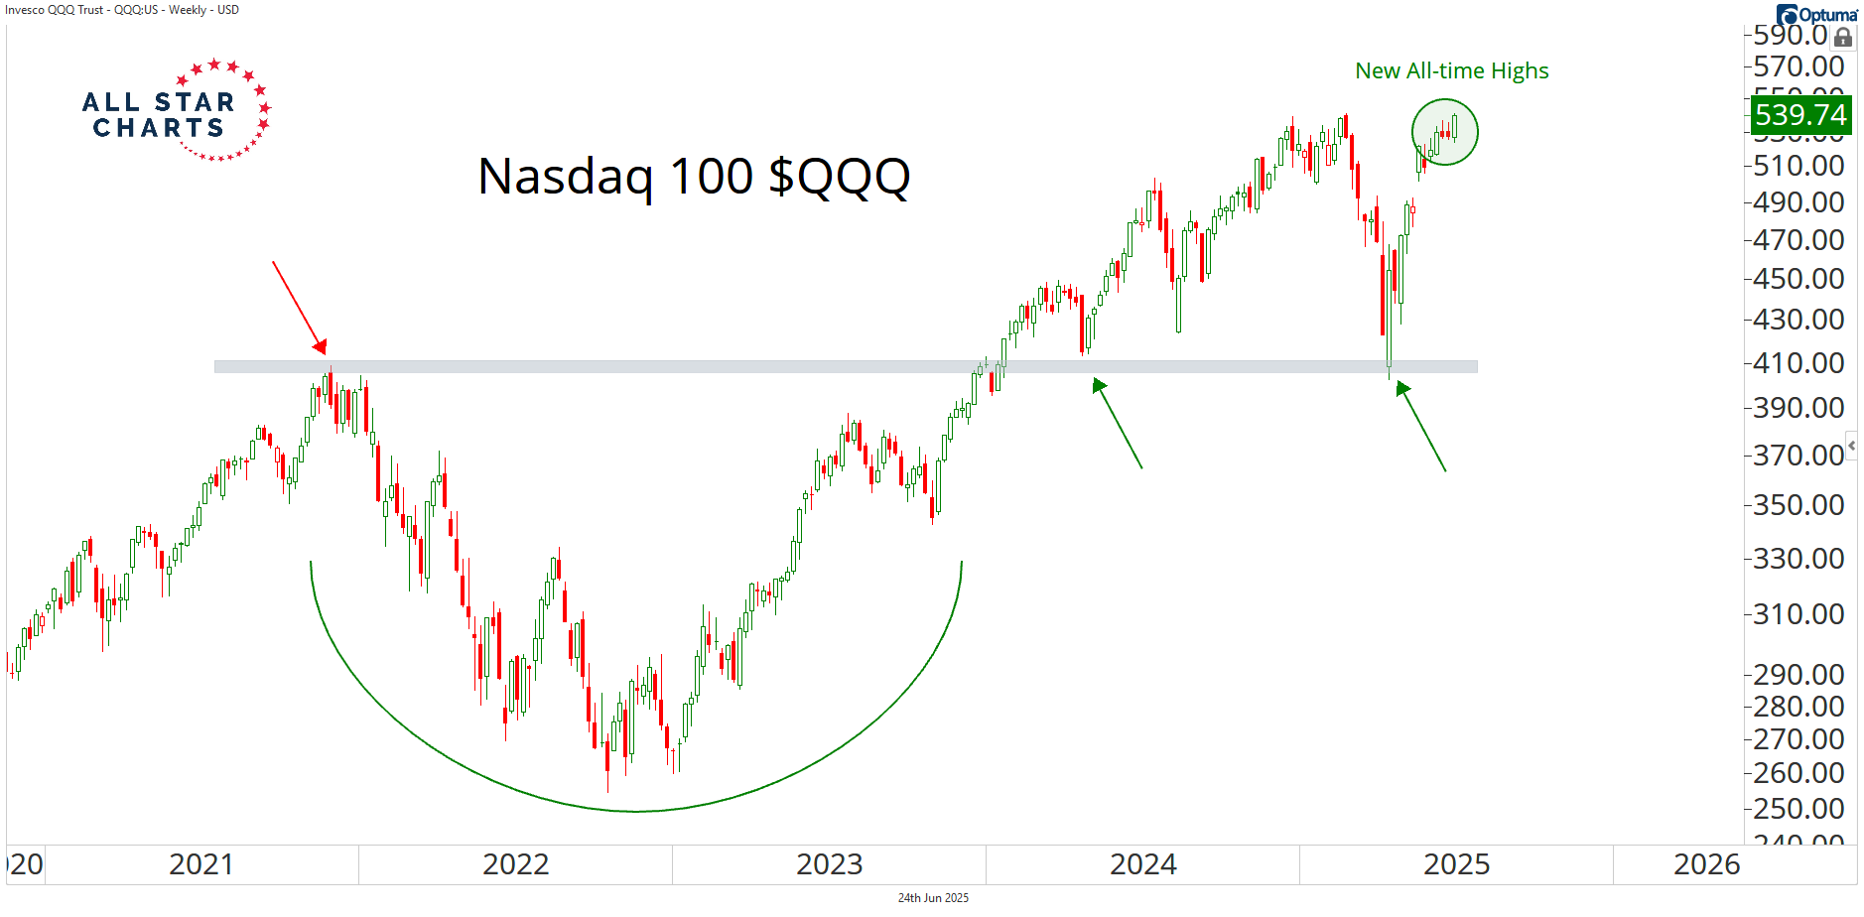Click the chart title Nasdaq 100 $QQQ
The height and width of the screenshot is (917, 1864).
[693, 177]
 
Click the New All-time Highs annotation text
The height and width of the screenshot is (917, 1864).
[1451, 71]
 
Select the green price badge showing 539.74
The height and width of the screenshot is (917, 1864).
[1799, 115]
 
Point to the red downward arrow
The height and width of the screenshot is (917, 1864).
[299, 307]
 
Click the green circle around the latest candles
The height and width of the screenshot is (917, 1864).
[1444, 132]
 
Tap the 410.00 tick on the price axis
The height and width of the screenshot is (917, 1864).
[1797, 363]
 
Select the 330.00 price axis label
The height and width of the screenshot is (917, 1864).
[1797, 559]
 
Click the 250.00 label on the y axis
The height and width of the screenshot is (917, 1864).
[1797, 809]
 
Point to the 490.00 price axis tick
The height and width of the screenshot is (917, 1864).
[1797, 202]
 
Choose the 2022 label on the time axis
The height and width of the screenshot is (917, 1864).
[515, 865]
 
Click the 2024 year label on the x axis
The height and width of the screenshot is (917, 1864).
[1142, 865]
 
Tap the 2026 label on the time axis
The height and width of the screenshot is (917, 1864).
[1706, 865]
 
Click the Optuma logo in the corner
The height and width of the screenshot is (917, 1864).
[1816, 14]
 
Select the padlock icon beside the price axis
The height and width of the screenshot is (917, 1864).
[1843, 38]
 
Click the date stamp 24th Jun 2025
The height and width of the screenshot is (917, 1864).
[933, 898]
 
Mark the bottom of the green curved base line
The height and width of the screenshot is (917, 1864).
[635, 812]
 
